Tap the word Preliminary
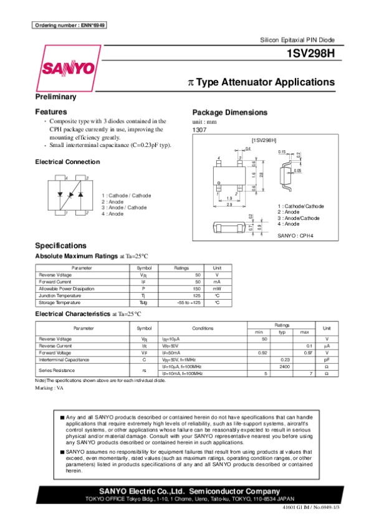coord(56,97)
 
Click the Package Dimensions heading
coord(230,112)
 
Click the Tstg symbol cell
coord(143,302)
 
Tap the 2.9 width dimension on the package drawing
coord(229,204)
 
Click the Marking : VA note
coord(50,387)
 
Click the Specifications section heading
coord(61,245)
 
